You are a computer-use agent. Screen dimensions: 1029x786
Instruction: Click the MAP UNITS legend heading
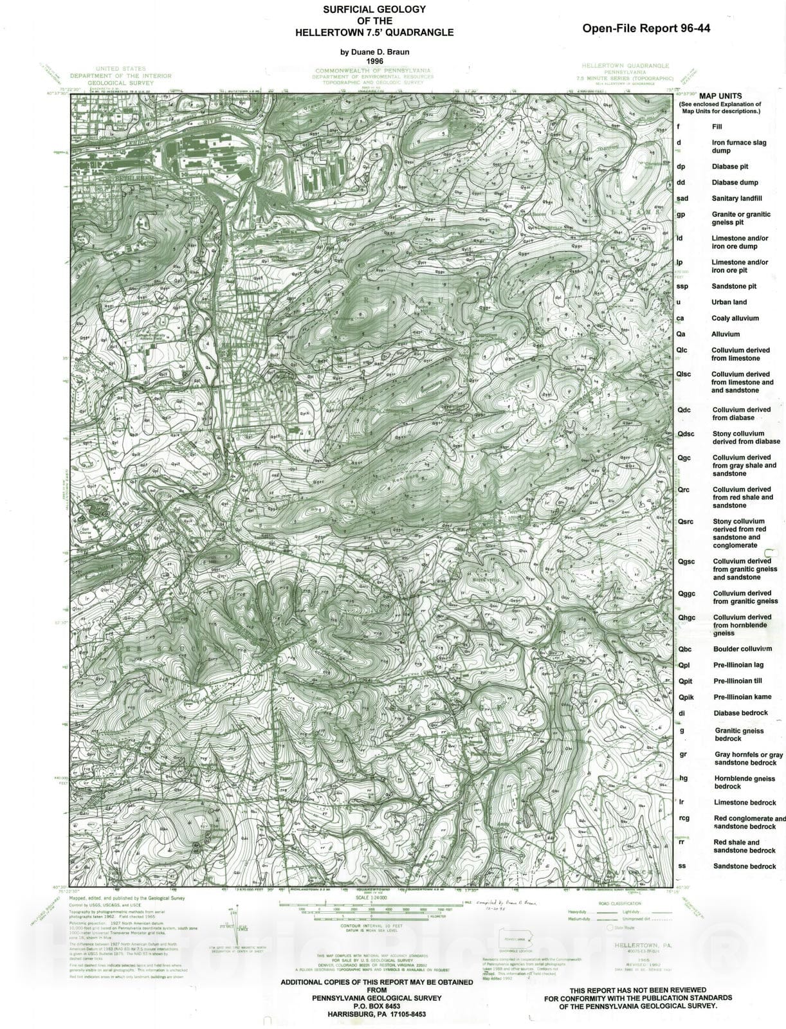click(720, 96)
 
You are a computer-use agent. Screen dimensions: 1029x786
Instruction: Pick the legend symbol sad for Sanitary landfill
click(682, 199)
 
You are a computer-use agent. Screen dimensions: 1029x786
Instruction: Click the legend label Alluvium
click(726, 334)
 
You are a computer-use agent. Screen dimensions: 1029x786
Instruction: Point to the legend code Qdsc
click(686, 434)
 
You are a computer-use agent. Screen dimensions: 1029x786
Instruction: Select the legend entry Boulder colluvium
click(742, 649)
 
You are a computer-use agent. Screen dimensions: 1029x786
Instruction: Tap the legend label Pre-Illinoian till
click(738, 681)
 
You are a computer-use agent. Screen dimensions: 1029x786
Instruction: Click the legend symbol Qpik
click(686, 697)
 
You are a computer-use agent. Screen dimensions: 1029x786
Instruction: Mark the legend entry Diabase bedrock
click(740, 713)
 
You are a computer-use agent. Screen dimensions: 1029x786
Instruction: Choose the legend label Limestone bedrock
click(744, 803)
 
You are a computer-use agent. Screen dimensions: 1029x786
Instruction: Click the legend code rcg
click(683, 819)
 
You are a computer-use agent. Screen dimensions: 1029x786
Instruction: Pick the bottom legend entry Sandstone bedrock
click(744, 866)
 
